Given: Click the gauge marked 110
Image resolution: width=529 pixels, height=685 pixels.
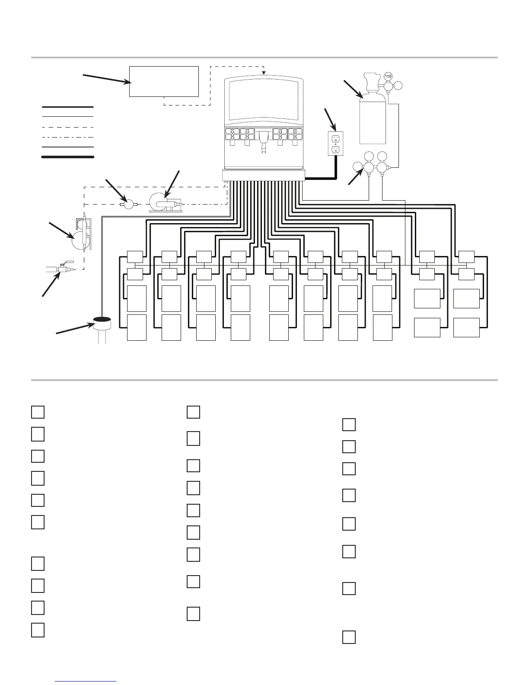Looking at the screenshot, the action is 388,76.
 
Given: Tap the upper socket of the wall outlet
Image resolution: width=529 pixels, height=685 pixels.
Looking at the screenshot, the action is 336,138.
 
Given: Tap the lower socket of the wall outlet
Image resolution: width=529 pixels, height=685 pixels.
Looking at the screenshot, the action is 336,149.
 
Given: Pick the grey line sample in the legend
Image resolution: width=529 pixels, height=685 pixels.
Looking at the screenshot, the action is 67,147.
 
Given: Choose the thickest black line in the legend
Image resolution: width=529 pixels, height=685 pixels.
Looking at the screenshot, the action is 67,157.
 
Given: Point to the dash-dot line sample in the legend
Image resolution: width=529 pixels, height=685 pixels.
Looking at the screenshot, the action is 67,137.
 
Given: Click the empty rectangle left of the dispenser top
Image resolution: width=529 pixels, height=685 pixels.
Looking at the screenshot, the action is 164,81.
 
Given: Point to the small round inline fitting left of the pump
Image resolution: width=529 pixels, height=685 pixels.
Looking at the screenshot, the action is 128,204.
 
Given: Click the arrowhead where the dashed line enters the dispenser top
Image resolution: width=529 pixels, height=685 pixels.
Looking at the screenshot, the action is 264,72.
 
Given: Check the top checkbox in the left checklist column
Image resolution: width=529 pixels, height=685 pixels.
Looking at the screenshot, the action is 38,412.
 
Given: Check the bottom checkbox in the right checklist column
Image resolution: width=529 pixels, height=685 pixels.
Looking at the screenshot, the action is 349,637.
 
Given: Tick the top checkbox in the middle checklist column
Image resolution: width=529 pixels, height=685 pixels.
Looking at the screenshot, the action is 193,412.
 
